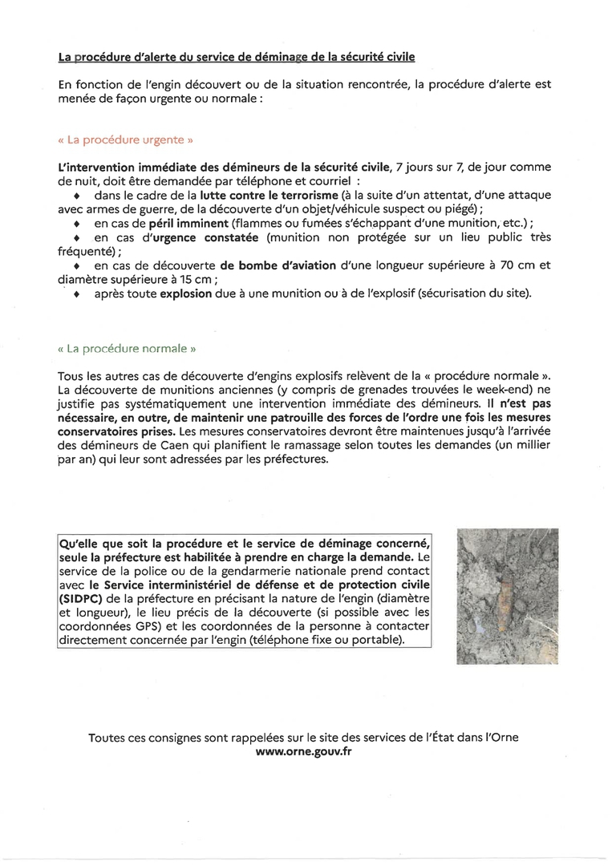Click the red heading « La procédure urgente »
click(x=126, y=139)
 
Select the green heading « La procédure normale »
click(x=127, y=350)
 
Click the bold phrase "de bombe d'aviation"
click(x=278, y=265)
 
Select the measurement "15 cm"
click(x=197, y=280)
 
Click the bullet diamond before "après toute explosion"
click(x=77, y=295)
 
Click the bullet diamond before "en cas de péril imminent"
click(x=77, y=223)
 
